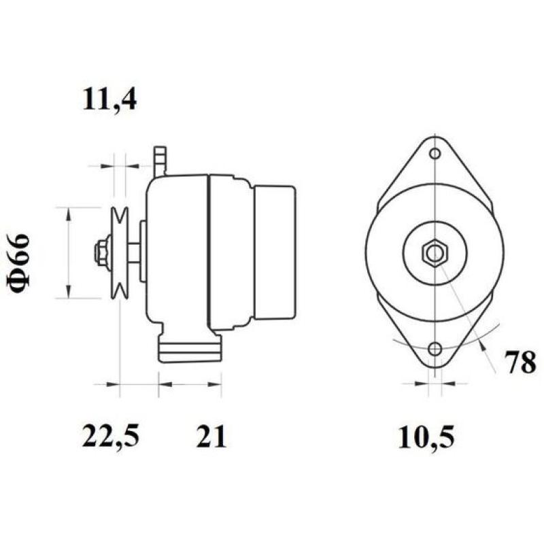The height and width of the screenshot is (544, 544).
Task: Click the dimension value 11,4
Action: pos(109,100)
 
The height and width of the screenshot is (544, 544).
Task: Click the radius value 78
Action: pos(520,363)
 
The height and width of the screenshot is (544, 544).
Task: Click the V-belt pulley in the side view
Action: pos(120,252)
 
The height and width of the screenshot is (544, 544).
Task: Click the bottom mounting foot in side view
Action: pos(189,347)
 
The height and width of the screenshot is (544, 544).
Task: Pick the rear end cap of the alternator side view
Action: pos(275,252)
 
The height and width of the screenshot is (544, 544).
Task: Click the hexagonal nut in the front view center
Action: pos(434,254)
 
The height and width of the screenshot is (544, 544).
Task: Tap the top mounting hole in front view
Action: pos(435,154)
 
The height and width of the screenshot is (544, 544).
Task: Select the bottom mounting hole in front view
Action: pos(435,350)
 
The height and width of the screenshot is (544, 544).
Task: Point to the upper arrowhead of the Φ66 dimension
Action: pos(68,213)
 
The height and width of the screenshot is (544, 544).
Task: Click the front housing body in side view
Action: pos(177,252)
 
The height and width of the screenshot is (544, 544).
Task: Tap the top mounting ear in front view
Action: pos(435,160)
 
